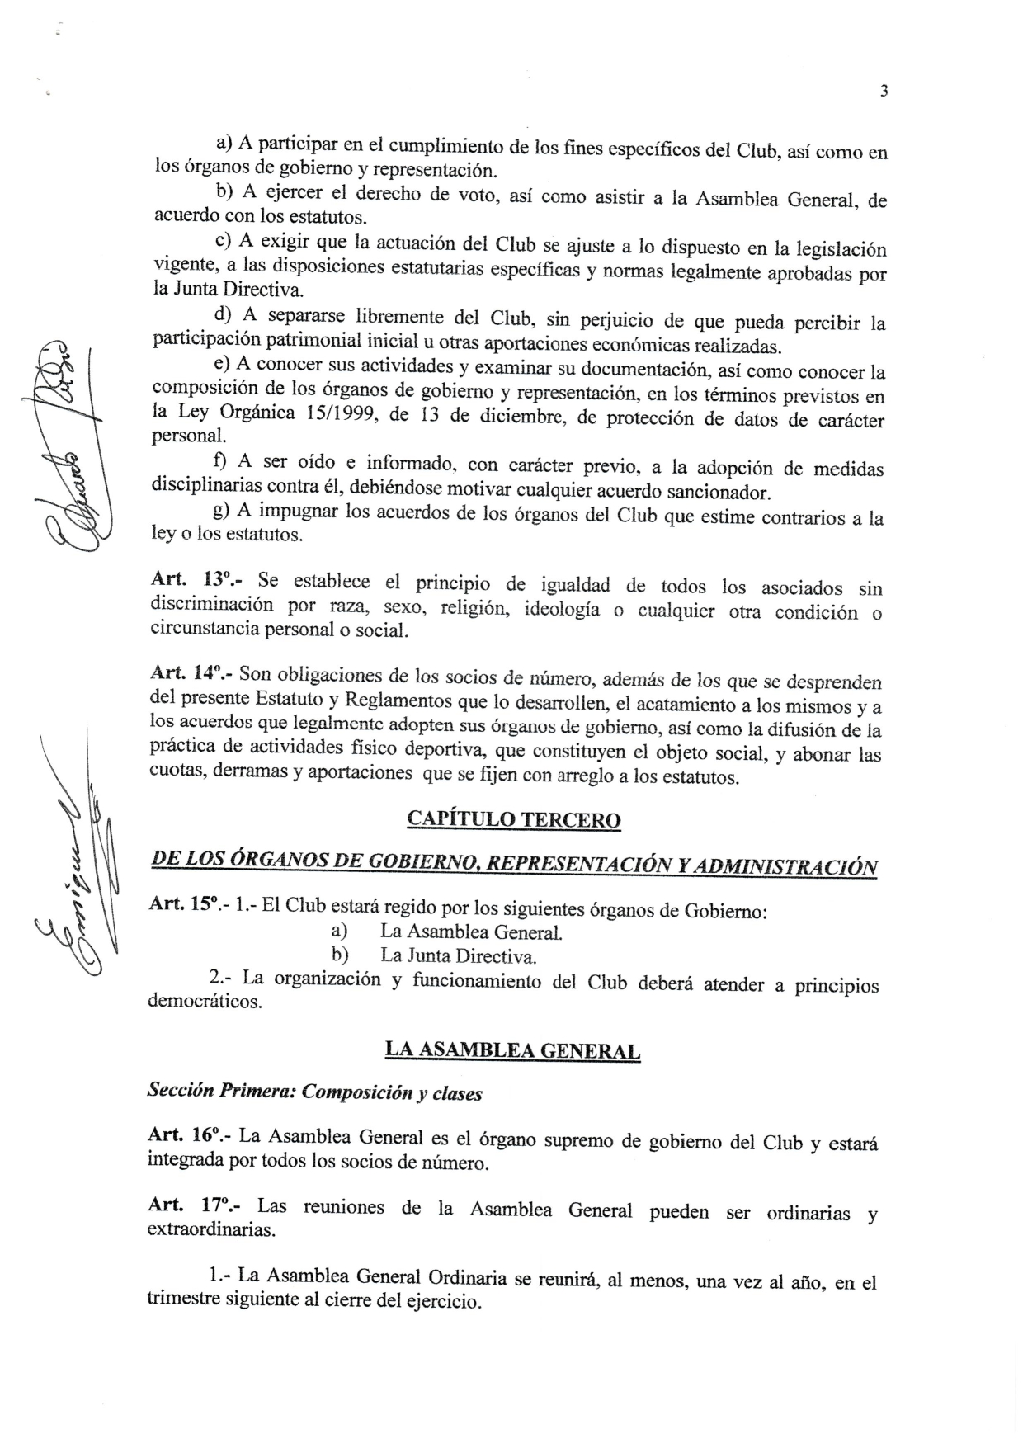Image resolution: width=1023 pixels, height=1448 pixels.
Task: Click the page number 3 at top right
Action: [884, 92]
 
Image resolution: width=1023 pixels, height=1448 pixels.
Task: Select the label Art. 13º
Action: [191, 581]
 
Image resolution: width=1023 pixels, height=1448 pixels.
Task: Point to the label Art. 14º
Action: [191, 674]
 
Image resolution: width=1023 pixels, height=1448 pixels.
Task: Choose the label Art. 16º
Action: [189, 1135]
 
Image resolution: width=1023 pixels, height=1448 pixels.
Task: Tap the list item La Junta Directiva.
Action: [459, 957]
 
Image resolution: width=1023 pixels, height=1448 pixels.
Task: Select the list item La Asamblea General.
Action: [471, 933]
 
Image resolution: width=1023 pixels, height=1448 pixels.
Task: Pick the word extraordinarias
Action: [211, 1230]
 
